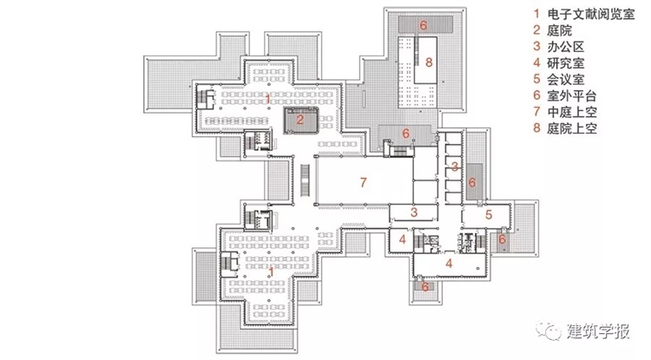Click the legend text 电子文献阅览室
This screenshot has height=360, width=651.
coord(591,14)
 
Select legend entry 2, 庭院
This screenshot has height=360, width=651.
coord(559,30)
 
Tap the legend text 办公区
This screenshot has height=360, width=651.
coord(565,47)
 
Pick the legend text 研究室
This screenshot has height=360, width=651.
coord(565,63)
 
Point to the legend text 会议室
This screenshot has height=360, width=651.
coord(565,79)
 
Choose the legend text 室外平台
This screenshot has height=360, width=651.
coord(572,95)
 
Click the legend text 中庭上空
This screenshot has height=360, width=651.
coord(572,112)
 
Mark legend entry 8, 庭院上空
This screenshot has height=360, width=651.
coord(572,128)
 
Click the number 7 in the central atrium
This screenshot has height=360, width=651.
coord(364,182)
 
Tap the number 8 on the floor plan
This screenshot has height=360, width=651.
coord(429,62)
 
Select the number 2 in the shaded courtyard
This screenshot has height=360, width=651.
coord(300,120)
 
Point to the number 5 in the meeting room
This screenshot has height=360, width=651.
coord(489,214)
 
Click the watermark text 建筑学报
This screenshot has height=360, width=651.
coord(598,331)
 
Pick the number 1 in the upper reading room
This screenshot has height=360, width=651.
coord(268,99)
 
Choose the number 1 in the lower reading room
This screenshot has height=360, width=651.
coord(271,272)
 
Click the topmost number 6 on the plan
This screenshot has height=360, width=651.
coord(423,25)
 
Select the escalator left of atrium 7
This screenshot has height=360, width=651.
coord(306,180)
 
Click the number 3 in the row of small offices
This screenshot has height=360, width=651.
coord(455,167)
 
